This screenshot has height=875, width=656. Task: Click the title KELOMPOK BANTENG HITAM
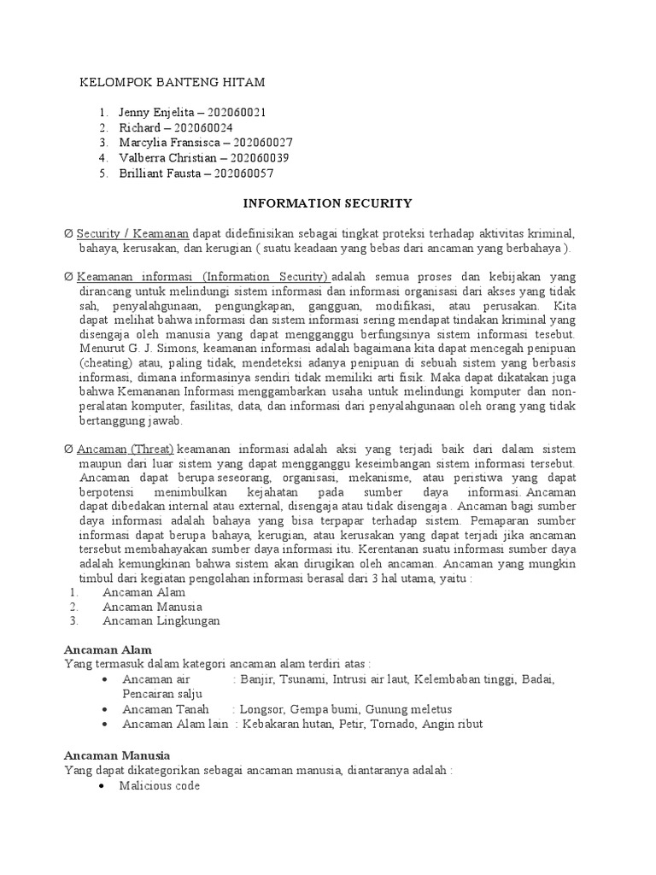(172, 82)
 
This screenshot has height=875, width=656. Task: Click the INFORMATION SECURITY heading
(328, 203)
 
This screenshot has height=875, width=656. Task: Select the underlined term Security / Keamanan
(133, 233)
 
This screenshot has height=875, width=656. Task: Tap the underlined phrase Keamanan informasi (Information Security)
(202, 278)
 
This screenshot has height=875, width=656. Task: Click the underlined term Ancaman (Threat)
(126, 449)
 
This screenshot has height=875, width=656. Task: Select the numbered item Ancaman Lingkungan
(161, 621)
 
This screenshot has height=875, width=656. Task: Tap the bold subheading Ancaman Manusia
(117, 755)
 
